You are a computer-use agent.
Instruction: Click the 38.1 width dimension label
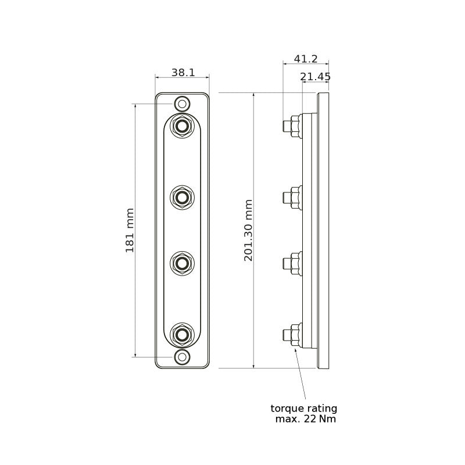[x=183, y=72]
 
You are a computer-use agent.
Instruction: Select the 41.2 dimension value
[x=306, y=59]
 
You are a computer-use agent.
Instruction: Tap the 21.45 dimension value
[x=315, y=77]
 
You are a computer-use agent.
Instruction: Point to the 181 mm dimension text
[x=130, y=230]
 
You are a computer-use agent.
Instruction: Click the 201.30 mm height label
[x=248, y=230]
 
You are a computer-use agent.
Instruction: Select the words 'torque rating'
[x=304, y=409]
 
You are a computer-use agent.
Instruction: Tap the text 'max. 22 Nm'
[x=306, y=419]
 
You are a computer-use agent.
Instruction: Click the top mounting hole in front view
[x=183, y=104]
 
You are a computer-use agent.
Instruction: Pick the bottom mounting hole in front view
[x=183, y=357]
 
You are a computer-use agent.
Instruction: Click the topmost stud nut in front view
[x=183, y=126]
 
